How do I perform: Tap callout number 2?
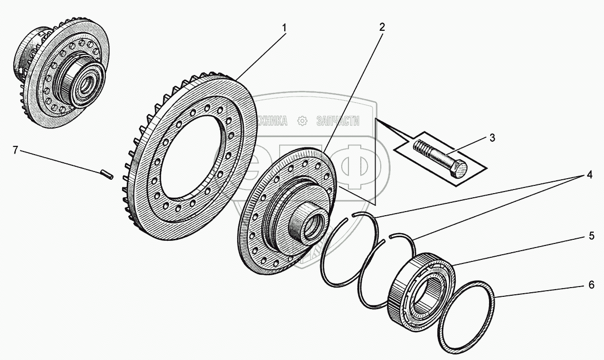point(381,27)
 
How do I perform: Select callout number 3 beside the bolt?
point(492,138)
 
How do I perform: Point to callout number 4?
point(590,175)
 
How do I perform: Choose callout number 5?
point(591,236)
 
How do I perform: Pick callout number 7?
point(16,150)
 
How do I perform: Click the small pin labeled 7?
point(107,174)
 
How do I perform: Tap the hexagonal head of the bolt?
point(459,168)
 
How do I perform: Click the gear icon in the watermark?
point(302,121)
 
